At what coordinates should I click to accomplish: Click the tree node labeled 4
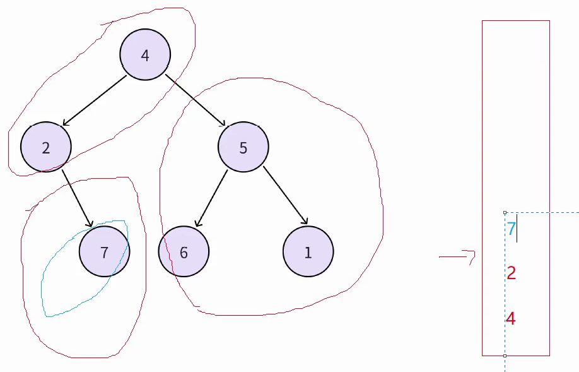[x=145, y=55]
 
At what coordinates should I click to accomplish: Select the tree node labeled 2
[x=46, y=147]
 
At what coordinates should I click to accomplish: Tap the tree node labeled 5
[x=243, y=147]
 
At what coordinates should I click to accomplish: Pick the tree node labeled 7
[x=105, y=252]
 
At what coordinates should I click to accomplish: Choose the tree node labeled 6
[x=184, y=252]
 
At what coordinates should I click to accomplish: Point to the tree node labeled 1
[x=308, y=252]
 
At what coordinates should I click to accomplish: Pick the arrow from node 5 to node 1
[x=285, y=195]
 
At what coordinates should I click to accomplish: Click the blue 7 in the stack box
[x=512, y=229]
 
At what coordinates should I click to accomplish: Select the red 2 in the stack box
[x=512, y=273]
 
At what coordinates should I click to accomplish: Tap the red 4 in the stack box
[x=511, y=319]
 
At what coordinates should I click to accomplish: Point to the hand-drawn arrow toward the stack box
[x=457, y=256]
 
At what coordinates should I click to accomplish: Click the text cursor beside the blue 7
[x=517, y=231]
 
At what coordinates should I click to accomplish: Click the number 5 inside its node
[x=243, y=148]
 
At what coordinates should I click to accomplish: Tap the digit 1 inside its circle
[x=308, y=253]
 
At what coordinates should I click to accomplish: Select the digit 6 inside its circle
[x=184, y=253]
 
